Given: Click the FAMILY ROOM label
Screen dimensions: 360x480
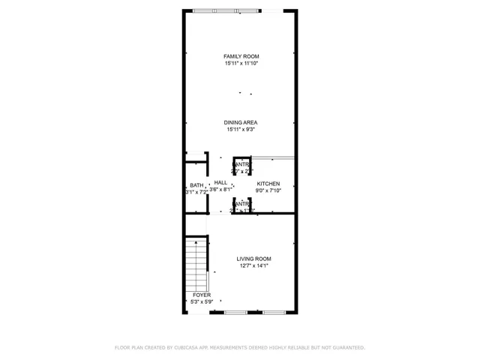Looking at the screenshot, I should pyautogui.click(x=241, y=57).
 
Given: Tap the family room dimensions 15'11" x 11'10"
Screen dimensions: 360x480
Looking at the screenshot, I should pyautogui.click(x=241, y=64).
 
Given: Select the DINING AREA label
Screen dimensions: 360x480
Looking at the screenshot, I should pyautogui.click(x=241, y=123).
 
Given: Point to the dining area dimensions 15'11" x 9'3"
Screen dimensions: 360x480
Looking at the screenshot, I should pyautogui.click(x=241, y=130).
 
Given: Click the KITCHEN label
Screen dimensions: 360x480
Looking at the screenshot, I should pyautogui.click(x=268, y=184).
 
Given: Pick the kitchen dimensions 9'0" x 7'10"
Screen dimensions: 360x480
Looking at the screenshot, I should pyautogui.click(x=268, y=190).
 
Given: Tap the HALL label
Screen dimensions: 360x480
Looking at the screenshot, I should pyautogui.click(x=220, y=182).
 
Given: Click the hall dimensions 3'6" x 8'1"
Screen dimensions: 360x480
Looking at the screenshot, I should pyautogui.click(x=221, y=190).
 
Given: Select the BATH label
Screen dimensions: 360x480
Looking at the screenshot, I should pyautogui.click(x=196, y=185).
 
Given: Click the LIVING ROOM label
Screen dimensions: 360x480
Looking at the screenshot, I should pyautogui.click(x=253, y=259).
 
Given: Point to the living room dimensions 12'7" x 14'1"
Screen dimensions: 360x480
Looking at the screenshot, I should pyautogui.click(x=253, y=265).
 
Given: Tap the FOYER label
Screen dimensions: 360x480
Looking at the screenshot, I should pyautogui.click(x=201, y=295).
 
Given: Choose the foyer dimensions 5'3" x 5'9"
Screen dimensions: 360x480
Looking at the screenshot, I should pyautogui.click(x=201, y=301).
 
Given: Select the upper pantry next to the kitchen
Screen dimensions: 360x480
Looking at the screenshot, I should pyautogui.click(x=241, y=168).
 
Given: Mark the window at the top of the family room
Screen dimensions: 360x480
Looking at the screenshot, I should pyautogui.click(x=239, y=10).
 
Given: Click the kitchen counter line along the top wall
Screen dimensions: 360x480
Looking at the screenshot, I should pyautogui.click(x=271, y=157).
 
